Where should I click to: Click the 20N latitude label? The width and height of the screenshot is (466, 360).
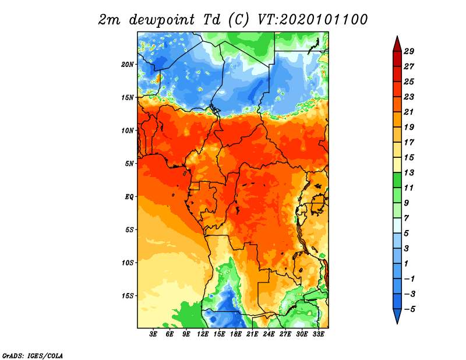pos(127,65)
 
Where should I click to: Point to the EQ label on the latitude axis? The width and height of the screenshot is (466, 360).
pos(129,196)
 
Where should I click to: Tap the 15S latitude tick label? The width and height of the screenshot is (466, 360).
pos(127,296)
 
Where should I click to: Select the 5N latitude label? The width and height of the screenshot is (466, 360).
pos(129,164)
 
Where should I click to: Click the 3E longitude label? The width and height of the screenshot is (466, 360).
pos(153,334)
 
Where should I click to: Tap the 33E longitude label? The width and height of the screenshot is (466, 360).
pos(318,334)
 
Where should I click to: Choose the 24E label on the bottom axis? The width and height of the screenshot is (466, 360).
pos(269,334)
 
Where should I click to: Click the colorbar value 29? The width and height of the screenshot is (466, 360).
pos(409,51)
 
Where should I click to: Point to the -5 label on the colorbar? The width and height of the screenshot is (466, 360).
pos(409,309)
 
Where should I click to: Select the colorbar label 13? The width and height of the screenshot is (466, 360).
pos(409,172)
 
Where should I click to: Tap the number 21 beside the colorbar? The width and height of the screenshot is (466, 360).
pos(409,112)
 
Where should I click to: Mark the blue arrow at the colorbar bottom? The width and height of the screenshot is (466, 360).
pos(397,315)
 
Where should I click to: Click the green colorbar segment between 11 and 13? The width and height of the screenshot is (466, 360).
pos(397,180)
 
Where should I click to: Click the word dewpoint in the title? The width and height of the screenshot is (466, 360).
pos(163,20)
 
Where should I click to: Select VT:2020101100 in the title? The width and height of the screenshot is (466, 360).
pos(312,20)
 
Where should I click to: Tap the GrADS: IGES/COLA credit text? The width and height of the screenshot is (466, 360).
pos(33,355)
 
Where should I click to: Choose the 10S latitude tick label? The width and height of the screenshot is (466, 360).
pos(127,263)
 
